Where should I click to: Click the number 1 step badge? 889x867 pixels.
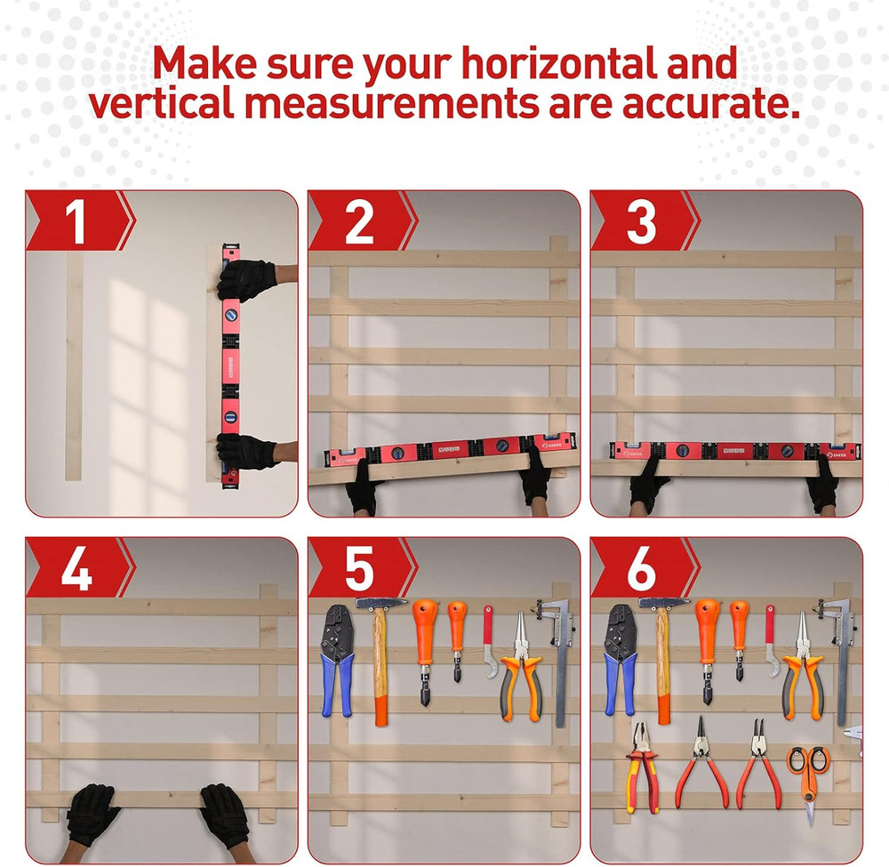coord(76,221)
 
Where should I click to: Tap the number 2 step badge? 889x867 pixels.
coord(358,221)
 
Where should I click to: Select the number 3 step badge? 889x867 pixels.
coord(641,221)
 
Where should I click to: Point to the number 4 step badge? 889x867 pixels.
coord(76,567)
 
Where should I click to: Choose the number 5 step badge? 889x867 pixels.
coord(358,567)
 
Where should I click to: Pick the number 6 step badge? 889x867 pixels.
coord(641,567)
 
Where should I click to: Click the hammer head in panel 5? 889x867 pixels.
coord(381,603)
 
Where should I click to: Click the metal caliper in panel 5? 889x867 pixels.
coord(559,658)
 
